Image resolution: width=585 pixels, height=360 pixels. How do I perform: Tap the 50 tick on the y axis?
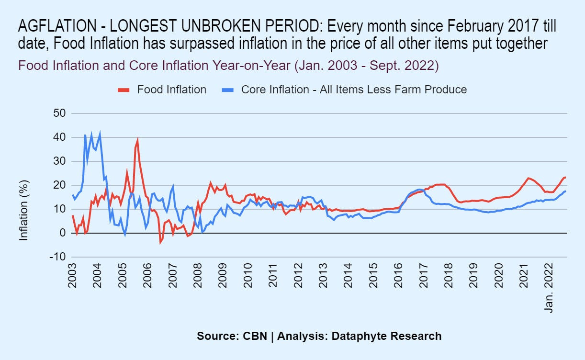point(60,113)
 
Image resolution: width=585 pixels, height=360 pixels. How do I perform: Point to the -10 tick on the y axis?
point(58,257)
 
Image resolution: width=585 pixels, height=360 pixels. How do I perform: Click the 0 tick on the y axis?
point(62,233)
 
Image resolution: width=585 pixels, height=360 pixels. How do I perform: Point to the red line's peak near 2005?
point(137,140)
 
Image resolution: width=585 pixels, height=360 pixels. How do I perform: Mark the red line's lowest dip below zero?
point(160,243)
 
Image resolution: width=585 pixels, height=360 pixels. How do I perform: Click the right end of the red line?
point(565,178)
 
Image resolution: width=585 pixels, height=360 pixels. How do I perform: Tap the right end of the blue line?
point(565,191)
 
